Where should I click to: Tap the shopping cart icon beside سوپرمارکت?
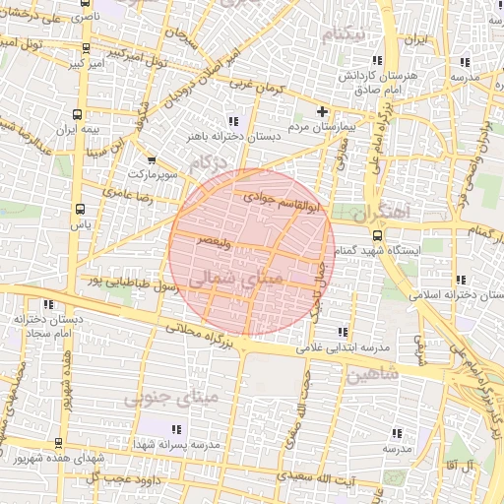coord(151,159)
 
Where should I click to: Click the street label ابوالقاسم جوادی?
coord(283,203)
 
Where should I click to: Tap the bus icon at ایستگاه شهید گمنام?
coord(379,236)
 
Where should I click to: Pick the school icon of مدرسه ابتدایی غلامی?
coord(342,333)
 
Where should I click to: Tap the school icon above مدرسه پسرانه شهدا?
coord(177,429)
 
